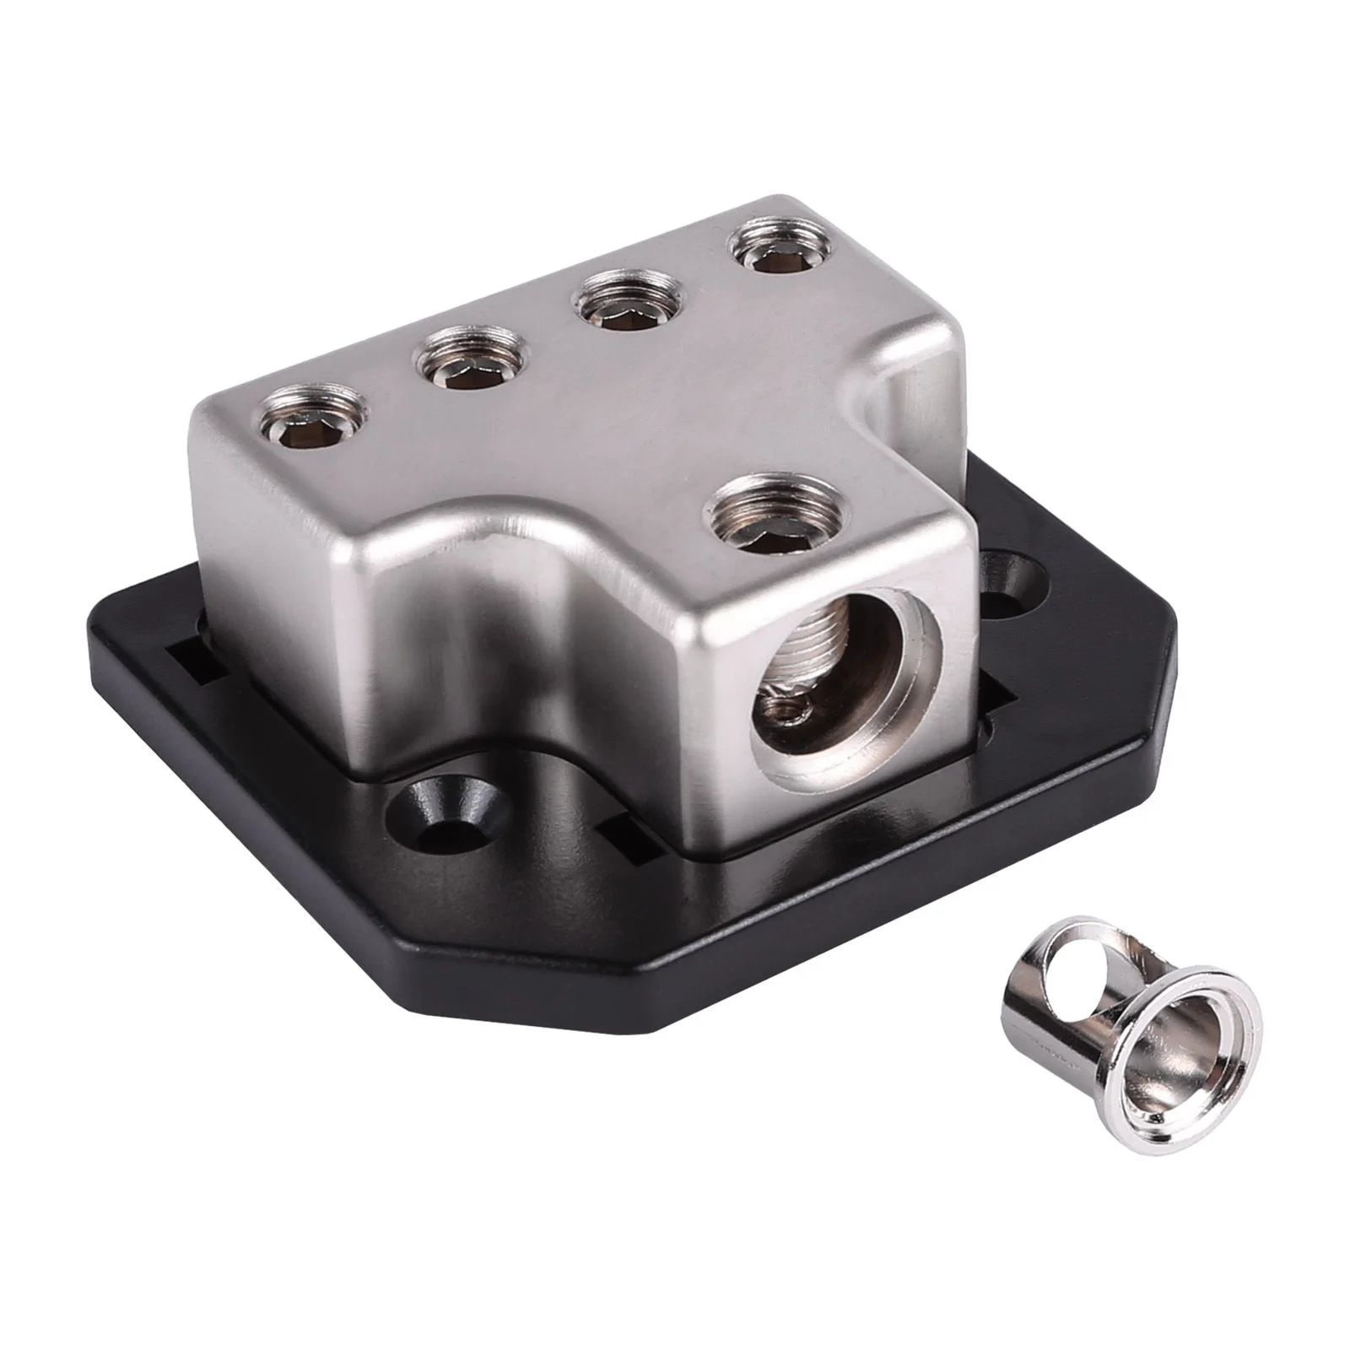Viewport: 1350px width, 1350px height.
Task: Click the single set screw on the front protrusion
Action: coord(765,522)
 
